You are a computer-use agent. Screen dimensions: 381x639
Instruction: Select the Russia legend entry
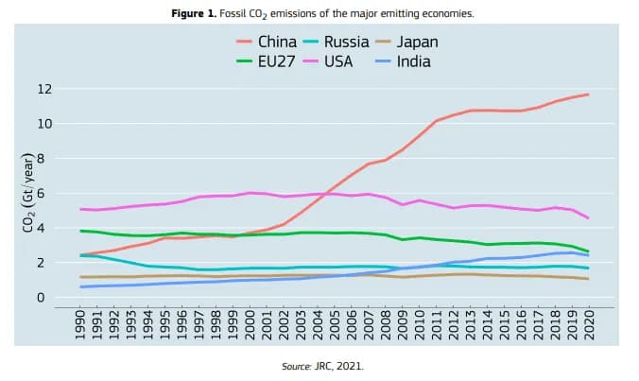[x=334, y=43]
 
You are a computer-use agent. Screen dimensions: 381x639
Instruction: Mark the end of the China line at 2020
[x=588, y=95]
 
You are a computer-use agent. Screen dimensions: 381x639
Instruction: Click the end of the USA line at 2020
[x=588, y=218]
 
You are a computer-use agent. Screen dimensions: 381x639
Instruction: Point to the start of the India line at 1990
[x=81, y=286]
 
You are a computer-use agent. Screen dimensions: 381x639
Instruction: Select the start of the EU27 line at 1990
[x=81, y=231]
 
